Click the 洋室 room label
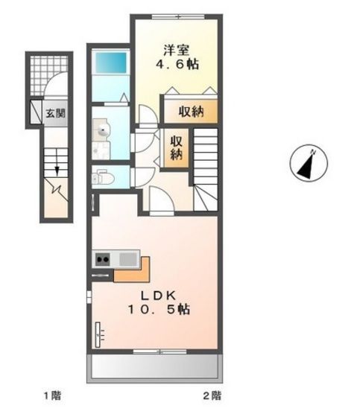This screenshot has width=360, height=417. [x=176, y=51]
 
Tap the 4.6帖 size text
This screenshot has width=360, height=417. [x=177, y=64]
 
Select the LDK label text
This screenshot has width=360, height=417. [x=158, y=296]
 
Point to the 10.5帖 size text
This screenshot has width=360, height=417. [x=159, y=309]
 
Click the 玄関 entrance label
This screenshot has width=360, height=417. [x=55, y=113]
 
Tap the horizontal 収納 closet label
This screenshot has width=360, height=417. [x=191, y=111]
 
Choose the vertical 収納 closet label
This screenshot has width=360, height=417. [x=176, y=148]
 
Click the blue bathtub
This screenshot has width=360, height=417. [x=111, y=63]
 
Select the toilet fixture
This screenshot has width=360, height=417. [x=103, y=177]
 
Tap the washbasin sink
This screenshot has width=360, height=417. [x=102, y=130]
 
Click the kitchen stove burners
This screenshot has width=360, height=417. [x=103, y=259]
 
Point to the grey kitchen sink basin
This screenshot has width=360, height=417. [x=128, y=259]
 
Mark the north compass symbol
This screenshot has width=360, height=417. [x=309, y=163]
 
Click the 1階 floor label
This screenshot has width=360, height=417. [x=52, y=395]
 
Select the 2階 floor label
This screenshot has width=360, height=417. [x=212, y=395]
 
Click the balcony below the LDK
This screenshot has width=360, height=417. [x=155, y=368]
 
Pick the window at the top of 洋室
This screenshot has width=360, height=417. [x=178, y=16]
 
